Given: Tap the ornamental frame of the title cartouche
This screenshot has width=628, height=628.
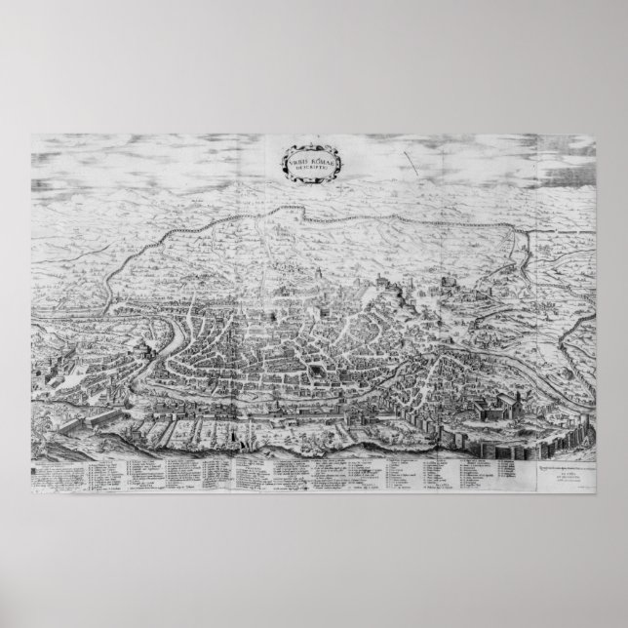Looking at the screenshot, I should [289, 159].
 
